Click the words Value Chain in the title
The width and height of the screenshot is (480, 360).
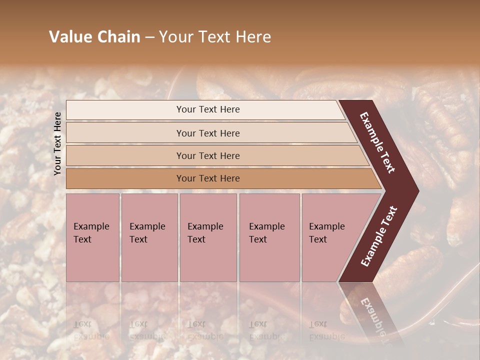tap(94, 37)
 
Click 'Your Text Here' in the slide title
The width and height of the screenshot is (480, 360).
tap(215, 37)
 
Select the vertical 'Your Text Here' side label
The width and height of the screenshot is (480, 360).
tap(57, 143)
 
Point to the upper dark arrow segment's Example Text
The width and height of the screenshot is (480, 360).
tap(377, 142)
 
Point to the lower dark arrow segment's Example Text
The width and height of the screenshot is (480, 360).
tap(378, 236)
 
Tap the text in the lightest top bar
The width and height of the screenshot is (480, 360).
tap(208, 109)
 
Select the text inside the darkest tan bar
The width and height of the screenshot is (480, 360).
tap(208, 178)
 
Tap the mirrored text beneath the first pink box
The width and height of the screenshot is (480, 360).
tap(91, 330)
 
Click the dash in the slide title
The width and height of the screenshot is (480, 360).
tap(149, 37)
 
